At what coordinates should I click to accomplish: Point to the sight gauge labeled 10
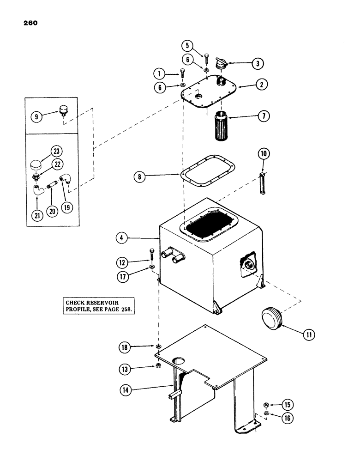[263, 185]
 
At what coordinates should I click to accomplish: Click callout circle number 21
[36, 215]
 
